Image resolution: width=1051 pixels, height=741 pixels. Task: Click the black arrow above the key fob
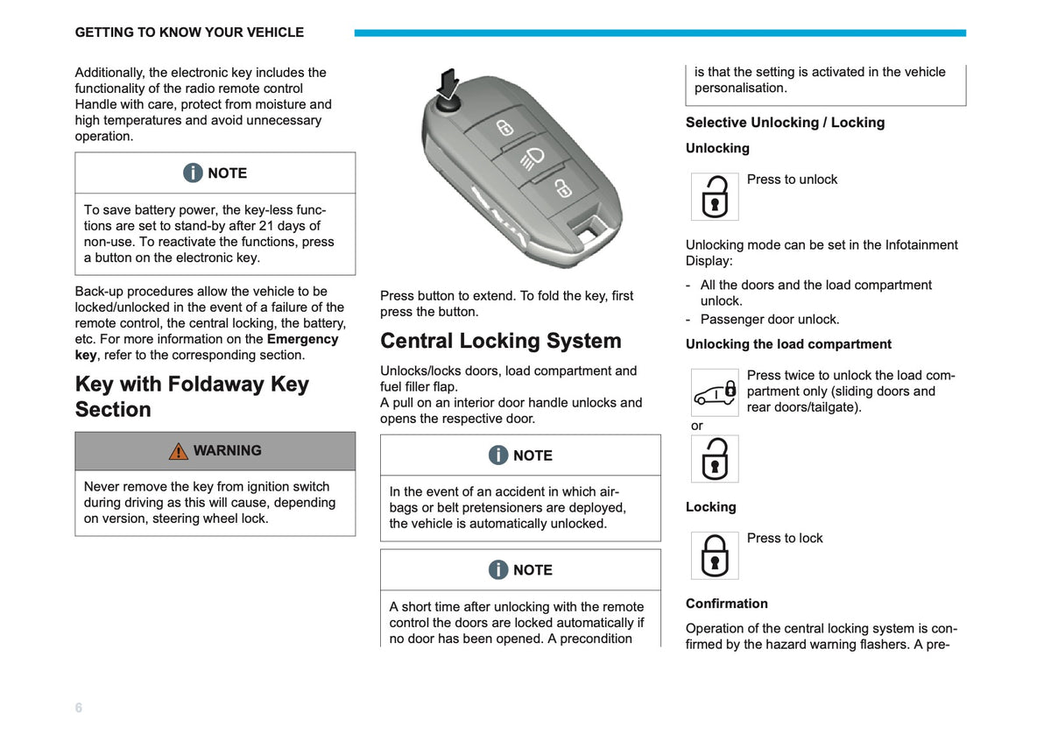(x=449, y=84)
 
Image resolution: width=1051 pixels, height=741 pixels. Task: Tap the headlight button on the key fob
(x=533, y=159)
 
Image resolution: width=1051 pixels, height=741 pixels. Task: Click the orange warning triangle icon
(x=179, y=451)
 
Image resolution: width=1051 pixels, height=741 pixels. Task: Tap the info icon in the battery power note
(x=193, y=173)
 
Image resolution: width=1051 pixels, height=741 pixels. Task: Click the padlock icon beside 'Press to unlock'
(x=715, y=196)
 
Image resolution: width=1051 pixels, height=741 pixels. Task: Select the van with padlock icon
(x=715, y=392)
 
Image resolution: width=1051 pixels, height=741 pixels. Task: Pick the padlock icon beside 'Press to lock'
(x=715, y=555)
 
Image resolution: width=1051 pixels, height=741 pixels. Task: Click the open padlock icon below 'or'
(x=715, y=458)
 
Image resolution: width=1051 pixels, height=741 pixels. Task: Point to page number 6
(x=78, y=707)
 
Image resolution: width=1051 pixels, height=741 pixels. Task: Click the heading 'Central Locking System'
(x=501, y=341)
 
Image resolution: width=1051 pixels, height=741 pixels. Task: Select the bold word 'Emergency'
(x=303, y=339)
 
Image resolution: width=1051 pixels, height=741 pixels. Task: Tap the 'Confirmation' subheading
(x=727, y=603)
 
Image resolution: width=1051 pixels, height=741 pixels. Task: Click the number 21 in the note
(x=266, y=226)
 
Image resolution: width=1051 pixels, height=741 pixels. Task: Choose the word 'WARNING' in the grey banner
(x=228, y=450)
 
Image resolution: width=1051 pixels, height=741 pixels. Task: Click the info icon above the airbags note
(x=497, y=455)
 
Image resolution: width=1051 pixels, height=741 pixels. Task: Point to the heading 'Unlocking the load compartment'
(x=788, y=344)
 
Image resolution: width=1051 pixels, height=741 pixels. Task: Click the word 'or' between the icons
(x=697, y=426)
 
